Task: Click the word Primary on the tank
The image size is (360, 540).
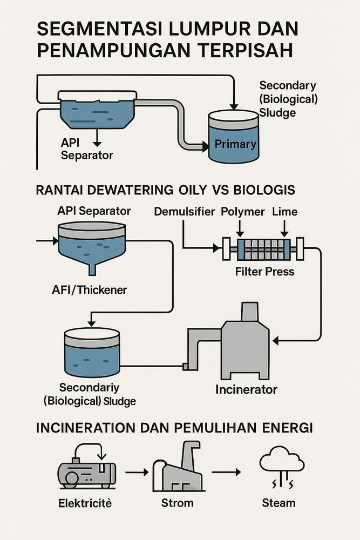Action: pyautogui.click(x=235, y=144)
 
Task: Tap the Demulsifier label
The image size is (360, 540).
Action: pyautogui.click(x=184, y=212)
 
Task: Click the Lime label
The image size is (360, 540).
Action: pyautogui.click(x=284, y=212)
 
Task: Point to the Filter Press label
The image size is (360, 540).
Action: pyautogui.click(x=264, y=271)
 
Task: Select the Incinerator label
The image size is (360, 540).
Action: pyautogui.click(x=246, y=389)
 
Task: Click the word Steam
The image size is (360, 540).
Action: pyautogui.click(x=279, y=503)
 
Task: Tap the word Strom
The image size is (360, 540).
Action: pyautogui.click(x=177, y=503)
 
